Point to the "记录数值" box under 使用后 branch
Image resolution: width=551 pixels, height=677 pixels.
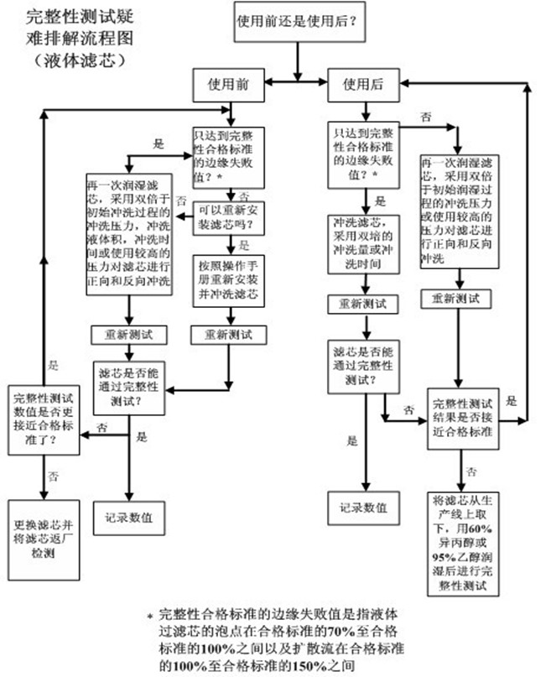(363, 508)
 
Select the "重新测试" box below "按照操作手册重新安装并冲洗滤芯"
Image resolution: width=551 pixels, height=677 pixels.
(228, 334)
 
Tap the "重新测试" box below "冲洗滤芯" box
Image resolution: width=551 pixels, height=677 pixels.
(363, 303)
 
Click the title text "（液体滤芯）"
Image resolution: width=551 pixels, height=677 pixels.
(77, 60)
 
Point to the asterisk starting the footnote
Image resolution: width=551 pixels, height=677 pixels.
(149, 615)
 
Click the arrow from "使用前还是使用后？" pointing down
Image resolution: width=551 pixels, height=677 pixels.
(298, 55)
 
